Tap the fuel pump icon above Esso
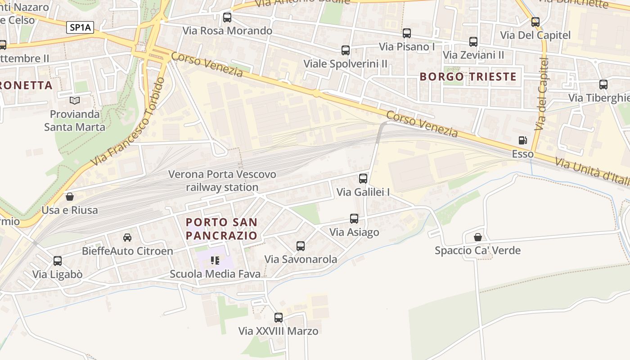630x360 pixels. tap(522, 140)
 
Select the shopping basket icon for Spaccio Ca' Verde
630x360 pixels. tap(478, 237)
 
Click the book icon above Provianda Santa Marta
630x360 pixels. tap(75, 100)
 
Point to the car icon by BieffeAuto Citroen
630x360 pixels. tap(127, 238)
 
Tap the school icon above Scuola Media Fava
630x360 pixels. tap(215, 261)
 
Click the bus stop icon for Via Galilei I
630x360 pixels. tap(363, 179)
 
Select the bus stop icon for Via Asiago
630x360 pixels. tap(354, 219)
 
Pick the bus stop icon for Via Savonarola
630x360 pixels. tap(301, 246)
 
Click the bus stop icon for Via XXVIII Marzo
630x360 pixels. tap(279, 318)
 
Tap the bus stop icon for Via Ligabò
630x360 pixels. tap(58, 261)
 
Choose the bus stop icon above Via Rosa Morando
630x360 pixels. tap(227, 18)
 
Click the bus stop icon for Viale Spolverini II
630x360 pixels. tap(346, 50)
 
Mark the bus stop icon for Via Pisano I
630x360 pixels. tap(407, 33)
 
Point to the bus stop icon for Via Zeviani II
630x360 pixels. tap(473, 42)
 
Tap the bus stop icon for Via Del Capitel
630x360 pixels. tap(535, 22)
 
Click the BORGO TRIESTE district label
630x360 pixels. tap(468, 76)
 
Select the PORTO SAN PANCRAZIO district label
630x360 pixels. tap(221, 229)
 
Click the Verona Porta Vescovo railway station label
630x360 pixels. tap(222, 180)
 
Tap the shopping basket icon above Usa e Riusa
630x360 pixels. tap(70, 197)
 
